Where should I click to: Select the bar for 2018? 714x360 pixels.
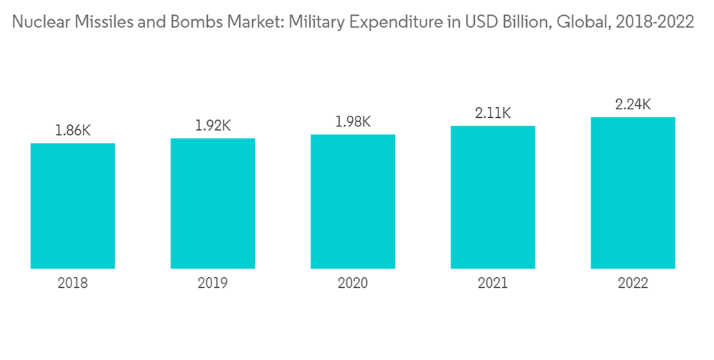click(73, 206)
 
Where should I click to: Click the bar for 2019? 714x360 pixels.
click(213, 204)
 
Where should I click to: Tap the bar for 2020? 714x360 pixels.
click(353, 201)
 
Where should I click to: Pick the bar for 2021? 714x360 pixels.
click(493, 197)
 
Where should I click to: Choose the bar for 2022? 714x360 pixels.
click(633, 193)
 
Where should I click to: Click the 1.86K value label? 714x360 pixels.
click(73, 131)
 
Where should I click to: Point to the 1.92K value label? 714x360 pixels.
click(213, 126)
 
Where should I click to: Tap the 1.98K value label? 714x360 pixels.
click(353, 121)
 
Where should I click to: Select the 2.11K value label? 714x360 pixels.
click(493, 113)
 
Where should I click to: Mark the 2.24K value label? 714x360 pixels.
click(633, 104)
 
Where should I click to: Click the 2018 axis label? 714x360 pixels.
click(73, 284)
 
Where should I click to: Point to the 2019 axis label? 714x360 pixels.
click(213, 284)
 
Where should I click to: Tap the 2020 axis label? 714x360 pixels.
click(353, 284)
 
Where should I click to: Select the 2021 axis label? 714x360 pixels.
click(493, 284)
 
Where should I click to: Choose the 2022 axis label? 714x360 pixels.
click(633, 284)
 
